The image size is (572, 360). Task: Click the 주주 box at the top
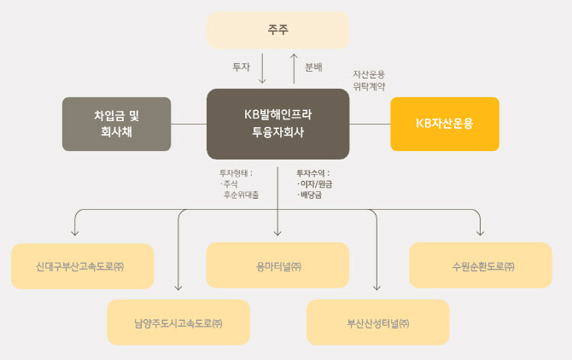pos(278,30)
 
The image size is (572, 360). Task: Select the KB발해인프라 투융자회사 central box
pos(278,124)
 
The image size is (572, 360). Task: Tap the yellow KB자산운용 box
pos(444,124)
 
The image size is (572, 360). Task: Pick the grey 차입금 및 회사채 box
pos(117,124)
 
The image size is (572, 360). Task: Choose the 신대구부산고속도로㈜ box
pos(83,266)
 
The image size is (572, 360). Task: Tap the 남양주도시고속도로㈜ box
pos(178,322)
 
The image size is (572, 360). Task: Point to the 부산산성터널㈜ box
pos(377,322)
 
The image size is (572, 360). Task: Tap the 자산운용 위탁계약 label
pos(370,80)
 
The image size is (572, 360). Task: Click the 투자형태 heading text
pos(235,173)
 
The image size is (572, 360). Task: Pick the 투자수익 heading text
pos(312,173)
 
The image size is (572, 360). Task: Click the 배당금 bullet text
pos(312,195)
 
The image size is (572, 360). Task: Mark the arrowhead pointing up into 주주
pos(294,56)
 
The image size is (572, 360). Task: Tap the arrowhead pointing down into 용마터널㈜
pos(278,232)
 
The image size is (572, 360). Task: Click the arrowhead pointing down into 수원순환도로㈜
pos(481,232)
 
